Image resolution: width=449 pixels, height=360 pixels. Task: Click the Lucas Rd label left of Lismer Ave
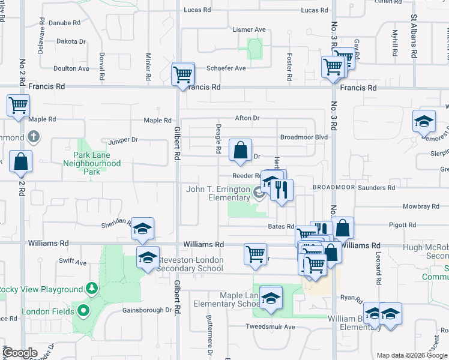[x=197, y=10]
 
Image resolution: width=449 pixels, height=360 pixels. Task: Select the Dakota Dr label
[x=71, y=41]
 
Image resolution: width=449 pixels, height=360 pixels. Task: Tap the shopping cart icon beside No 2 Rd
[x=19, y=105]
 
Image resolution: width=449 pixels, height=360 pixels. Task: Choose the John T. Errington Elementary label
[x=217, y=193]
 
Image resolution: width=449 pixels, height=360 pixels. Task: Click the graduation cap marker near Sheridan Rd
[x=143, y=229]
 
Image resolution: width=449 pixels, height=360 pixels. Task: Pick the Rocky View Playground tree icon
[x=92, y=289]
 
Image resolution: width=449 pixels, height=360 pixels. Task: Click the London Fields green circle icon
[x=83, y=311]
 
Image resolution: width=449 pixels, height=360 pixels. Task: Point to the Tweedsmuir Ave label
[x=270, y=327]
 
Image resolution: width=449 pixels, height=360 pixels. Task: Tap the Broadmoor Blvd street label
[x=304, y=137]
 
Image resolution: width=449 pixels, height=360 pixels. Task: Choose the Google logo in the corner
[x=20, y=353]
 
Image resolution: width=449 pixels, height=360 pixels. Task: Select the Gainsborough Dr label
[x=147, y=310]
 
